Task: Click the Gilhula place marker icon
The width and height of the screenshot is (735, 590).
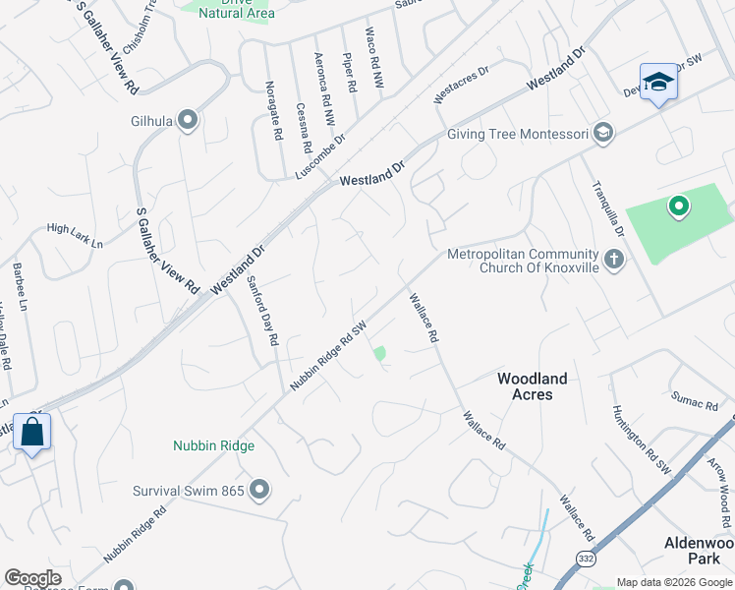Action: coord(189,121)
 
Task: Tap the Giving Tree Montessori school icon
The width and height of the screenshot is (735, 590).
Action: coord(603,134)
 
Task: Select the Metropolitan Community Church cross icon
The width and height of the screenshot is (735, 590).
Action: coord(614,261)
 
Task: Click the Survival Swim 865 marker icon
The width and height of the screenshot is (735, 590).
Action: coord(259,489)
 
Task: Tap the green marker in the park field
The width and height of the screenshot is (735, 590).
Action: coord(677,207)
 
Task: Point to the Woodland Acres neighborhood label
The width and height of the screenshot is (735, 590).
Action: coord(532,385)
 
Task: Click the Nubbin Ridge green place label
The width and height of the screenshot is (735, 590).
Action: coord(213,445)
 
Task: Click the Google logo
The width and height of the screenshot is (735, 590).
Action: coord(32,578)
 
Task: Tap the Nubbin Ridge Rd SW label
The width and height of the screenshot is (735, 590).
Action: coord(328,355)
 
